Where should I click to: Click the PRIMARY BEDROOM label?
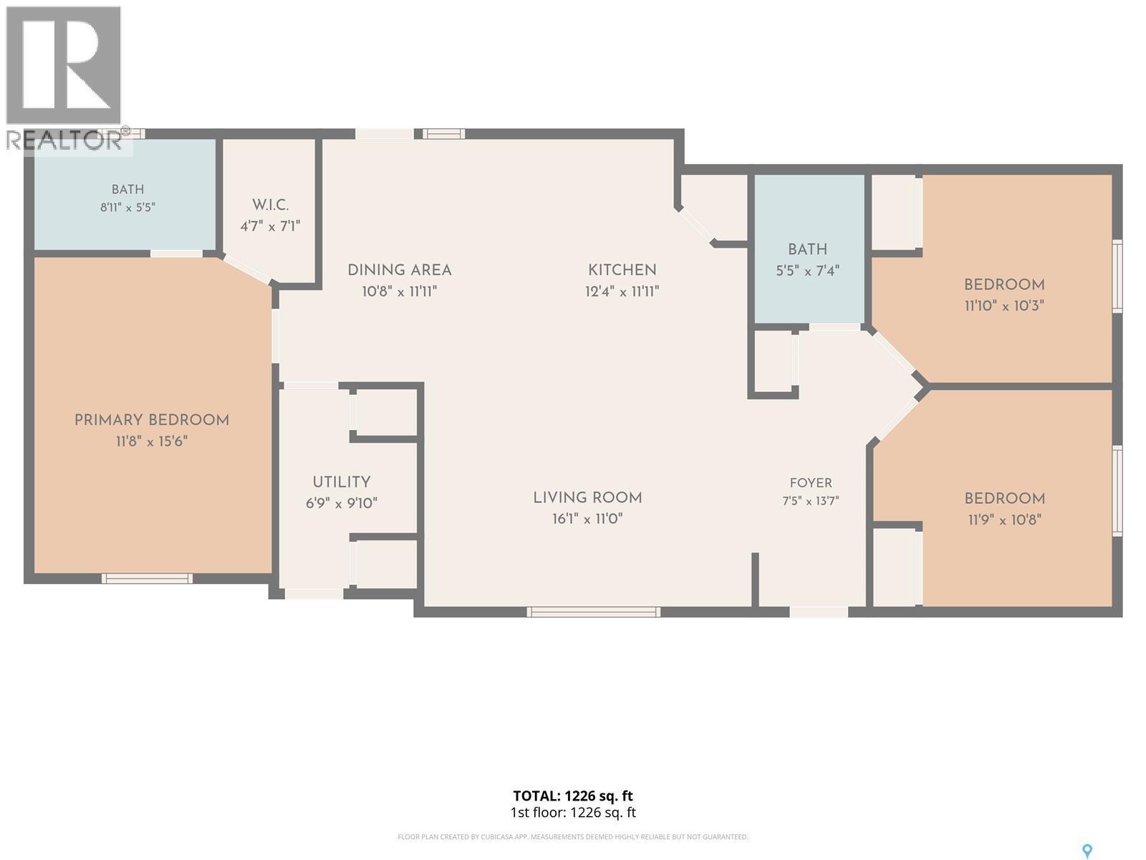[151, 421]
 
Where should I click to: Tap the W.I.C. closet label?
[270, 205]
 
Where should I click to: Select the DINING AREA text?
[400, 270]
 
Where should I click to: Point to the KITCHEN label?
[622, 270]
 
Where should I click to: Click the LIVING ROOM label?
[587, 497]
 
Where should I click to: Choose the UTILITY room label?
[342, 482]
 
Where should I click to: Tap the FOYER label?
[810, 483]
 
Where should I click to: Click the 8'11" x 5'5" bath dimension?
[128, 207]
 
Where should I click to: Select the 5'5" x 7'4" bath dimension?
[807, 270]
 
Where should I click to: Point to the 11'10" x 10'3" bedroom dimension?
[1004, 305]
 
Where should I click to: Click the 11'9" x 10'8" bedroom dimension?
[1004, 520]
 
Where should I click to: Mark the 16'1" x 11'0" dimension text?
[587, 518]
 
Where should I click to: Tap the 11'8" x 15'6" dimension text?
[151, 441]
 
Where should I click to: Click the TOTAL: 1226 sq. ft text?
[573, 795]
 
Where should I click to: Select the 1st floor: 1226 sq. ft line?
[573, 813]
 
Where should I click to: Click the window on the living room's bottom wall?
[593, 612]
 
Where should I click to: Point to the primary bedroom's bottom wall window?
[147, 578]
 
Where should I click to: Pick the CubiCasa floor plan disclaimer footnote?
[573, 837]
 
